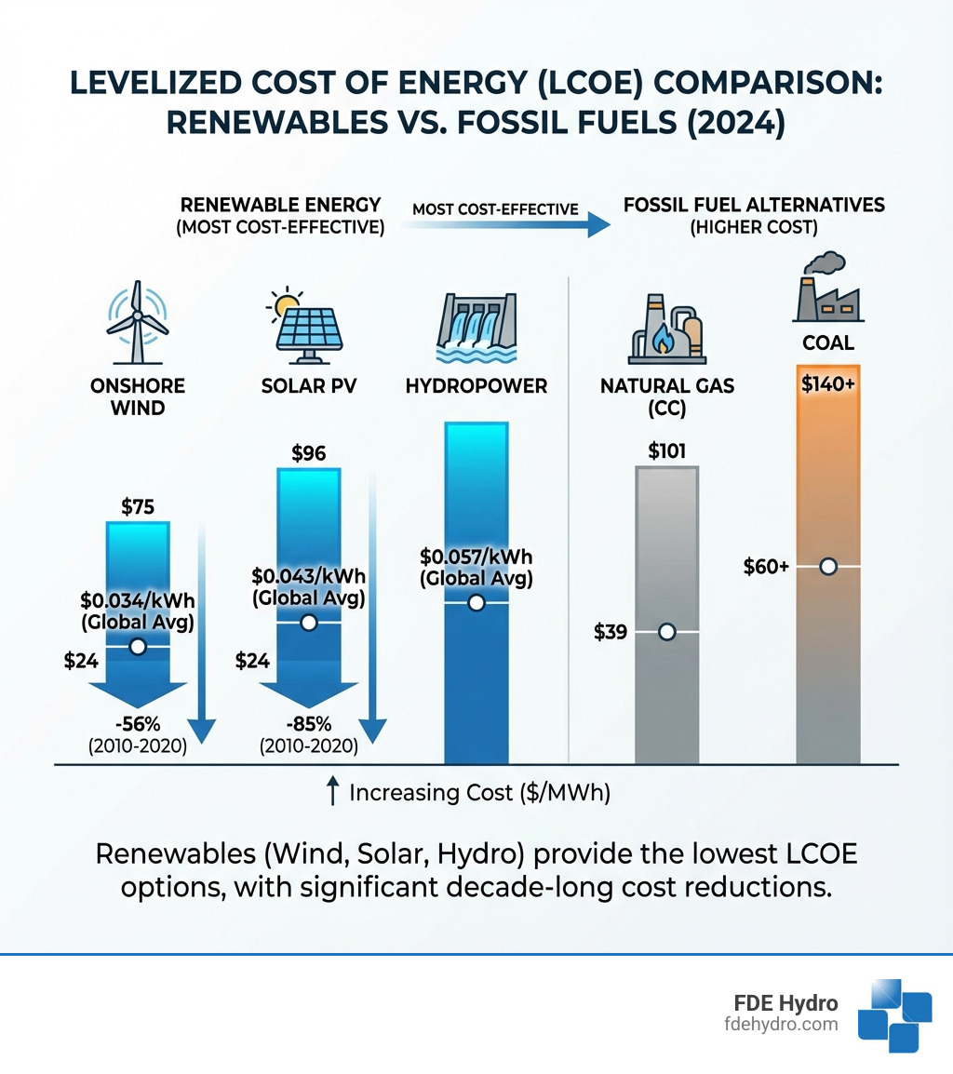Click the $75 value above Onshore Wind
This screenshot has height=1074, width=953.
(138, 507)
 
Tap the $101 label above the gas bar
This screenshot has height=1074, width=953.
(666, 452)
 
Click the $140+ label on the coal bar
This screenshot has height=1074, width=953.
(827, 384)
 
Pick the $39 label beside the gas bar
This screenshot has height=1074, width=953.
(611, 633)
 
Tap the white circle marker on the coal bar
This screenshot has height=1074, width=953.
(827, 567)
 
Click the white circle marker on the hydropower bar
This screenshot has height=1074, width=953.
(476, 603)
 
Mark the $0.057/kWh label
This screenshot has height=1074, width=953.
(476, 557)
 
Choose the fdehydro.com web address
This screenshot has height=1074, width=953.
(786, 1025)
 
